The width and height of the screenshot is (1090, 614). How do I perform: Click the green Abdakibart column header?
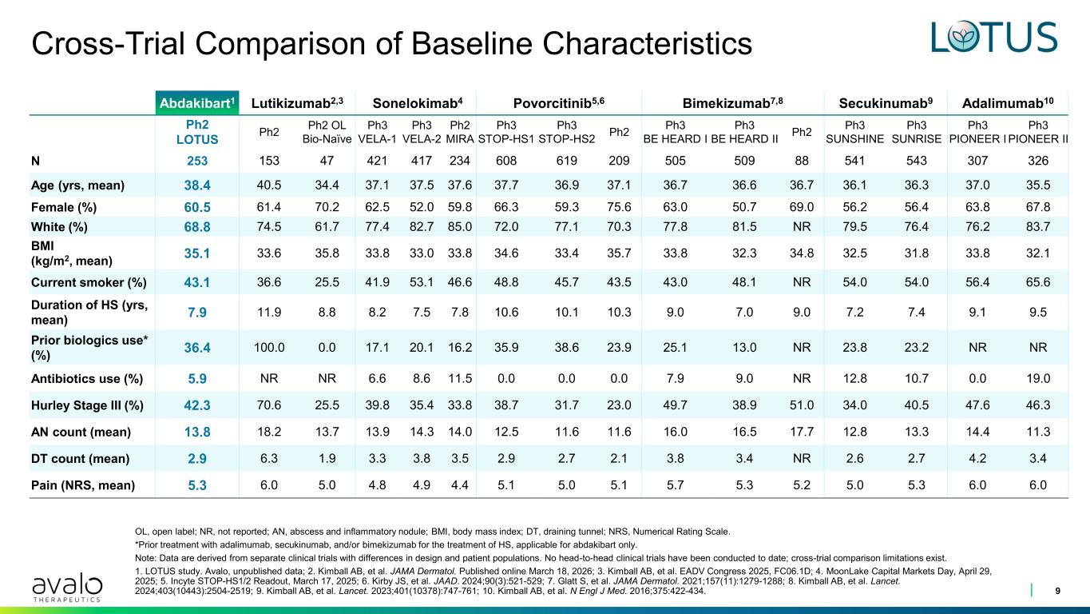197,103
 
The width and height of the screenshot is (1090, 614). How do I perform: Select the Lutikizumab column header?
297,103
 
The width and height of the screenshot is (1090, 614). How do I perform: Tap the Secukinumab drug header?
886,103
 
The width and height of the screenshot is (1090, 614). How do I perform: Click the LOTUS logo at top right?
994,37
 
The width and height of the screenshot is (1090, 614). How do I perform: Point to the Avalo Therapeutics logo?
67,587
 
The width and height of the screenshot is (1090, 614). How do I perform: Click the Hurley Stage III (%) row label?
87,405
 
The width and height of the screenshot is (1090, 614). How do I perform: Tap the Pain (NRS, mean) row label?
83,485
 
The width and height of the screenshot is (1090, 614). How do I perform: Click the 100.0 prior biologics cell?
269,348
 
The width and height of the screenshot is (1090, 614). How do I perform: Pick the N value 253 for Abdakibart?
197,161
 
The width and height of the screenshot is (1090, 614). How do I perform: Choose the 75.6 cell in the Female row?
619,207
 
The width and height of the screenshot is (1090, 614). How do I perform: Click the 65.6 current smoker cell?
1038,282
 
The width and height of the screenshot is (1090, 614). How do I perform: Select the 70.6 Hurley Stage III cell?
269,405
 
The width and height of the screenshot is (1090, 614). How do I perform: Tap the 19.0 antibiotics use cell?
1038,378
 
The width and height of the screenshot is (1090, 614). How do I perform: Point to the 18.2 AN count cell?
269,432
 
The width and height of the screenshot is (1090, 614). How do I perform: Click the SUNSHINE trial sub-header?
855,139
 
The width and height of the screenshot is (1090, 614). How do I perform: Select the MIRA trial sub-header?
460,139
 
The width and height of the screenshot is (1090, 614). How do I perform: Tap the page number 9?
1058,591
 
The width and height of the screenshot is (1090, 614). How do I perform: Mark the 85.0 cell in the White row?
460,227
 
